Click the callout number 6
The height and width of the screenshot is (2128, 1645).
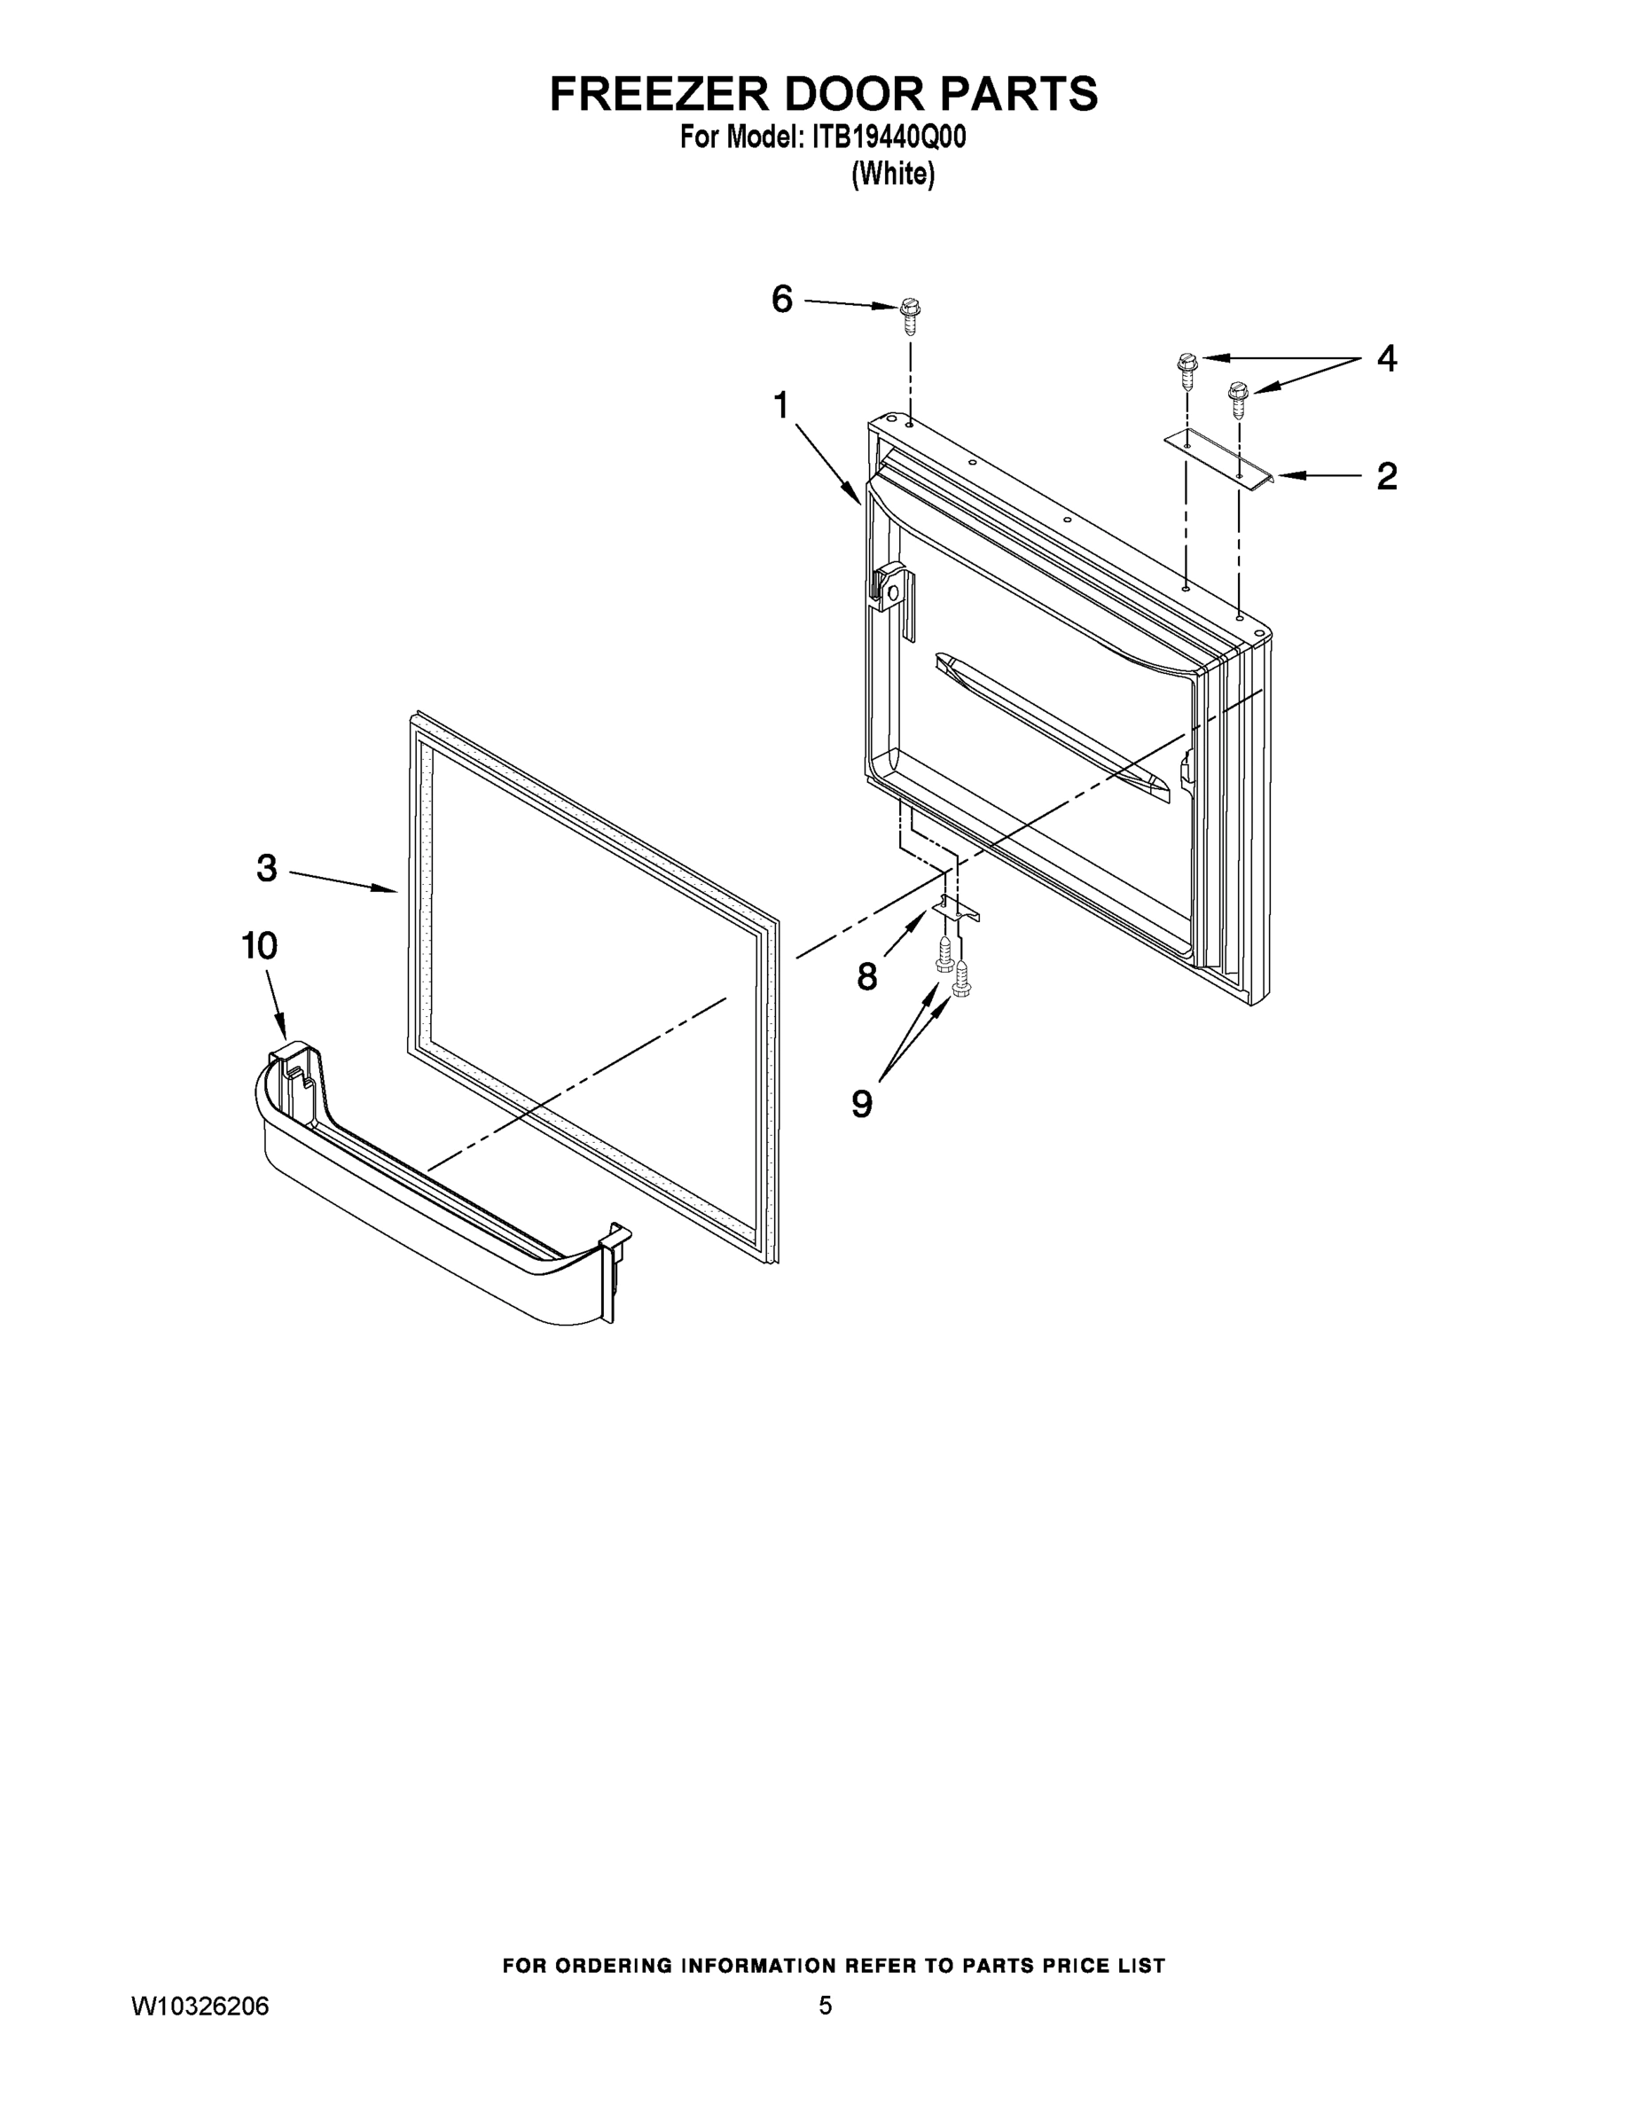[781, 299]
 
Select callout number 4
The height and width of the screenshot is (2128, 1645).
[1386, 358]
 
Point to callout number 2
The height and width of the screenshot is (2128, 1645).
[1386, 475]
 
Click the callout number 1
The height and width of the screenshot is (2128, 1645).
[780, 405]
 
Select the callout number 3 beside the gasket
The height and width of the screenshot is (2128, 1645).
[267, 868]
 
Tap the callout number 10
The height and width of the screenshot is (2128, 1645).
[259, 945]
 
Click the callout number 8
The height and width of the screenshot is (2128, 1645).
[866, 976]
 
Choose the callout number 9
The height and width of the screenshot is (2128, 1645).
[861, 1104]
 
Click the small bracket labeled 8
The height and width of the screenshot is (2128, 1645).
[955, 909]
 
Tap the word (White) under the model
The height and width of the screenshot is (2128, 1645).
[893, 175]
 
